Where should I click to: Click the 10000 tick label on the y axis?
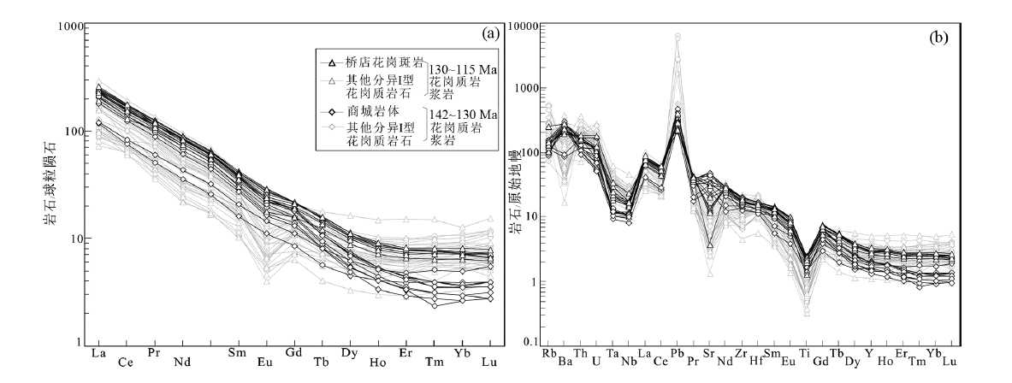click(x=526, y=27)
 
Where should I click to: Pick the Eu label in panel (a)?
click(x=265, y=361)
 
